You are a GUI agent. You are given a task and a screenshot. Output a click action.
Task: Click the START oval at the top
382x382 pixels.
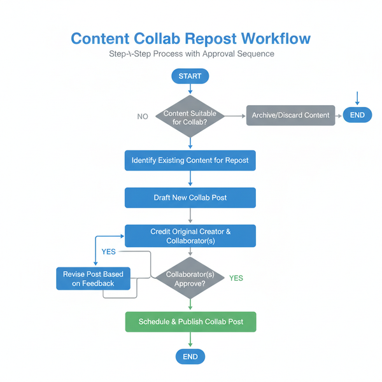(190, 76)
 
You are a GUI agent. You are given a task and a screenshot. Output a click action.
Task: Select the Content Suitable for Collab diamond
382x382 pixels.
(190, 117)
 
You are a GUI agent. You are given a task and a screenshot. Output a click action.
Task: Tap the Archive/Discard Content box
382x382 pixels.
(290, 115)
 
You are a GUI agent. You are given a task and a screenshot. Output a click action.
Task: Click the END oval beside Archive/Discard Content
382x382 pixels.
(357, 115)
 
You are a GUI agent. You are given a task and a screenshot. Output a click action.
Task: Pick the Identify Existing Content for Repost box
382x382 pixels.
(190, 160)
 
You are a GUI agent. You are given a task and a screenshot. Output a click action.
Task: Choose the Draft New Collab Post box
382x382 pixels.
(190, 198)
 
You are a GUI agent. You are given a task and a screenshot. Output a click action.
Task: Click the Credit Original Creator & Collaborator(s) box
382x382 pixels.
(190, 236)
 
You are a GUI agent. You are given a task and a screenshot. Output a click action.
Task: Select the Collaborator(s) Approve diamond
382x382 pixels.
(190, 278)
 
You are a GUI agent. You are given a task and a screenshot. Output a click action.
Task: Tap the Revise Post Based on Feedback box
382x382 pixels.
(93, 278)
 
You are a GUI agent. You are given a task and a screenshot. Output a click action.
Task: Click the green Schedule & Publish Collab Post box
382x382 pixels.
(190, 322)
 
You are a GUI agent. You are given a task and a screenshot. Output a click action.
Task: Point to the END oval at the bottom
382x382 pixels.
(190, 357)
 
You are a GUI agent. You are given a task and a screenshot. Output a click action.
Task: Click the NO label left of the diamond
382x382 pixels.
(143, 117)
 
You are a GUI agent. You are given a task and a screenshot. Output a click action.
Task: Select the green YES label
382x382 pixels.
(236, 278)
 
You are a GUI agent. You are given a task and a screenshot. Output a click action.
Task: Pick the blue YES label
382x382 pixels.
(109, 252)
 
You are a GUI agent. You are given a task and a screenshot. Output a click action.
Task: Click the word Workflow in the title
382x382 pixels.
(271, 38)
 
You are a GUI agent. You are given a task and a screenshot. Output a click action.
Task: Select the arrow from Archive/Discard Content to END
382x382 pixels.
(339, 115)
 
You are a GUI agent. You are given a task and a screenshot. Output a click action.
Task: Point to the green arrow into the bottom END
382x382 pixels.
(190, 341)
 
